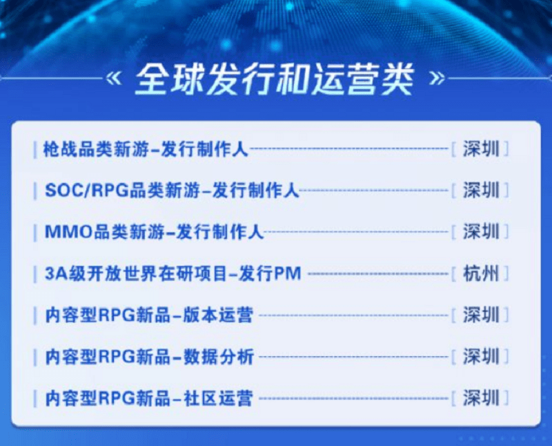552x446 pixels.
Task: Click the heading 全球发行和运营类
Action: click(x=274, y=81)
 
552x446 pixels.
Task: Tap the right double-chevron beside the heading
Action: click(x=436, y=78)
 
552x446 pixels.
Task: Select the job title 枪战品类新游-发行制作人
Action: click(x=145, y=149)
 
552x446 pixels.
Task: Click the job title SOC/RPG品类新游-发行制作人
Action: click(x=171, y=191)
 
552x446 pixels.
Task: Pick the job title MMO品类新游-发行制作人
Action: click(x=153, y=232)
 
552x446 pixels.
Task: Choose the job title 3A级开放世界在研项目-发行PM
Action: click(x=173, y=273)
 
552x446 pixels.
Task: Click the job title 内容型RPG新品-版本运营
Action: click(x=148, y=316)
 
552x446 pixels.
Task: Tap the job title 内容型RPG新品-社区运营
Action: click(x=148, y=398)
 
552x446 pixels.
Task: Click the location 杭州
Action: click(x=481, y=273)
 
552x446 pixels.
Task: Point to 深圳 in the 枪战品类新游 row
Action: click(x=481, y=149)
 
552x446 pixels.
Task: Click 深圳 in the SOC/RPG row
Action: click(x=481, y=191)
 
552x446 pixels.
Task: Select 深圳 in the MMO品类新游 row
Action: click(x=481, y=232)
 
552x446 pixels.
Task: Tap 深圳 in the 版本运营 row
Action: click(x=481, y=316)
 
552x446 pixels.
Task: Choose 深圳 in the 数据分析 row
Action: click(x=481, y=357)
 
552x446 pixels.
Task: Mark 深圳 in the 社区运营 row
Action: click(x=481, y=398)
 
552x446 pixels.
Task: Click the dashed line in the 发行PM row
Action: click(x=377, y=274)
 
